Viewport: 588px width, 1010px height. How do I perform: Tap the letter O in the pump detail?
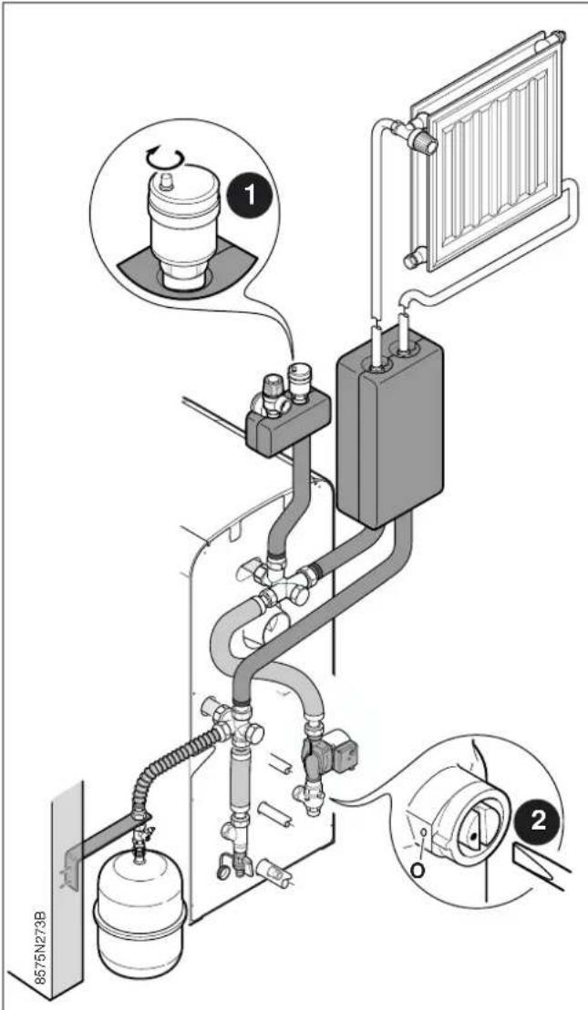click(x=418, y=871)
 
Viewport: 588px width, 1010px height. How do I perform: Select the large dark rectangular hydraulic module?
click(x=389, y=430)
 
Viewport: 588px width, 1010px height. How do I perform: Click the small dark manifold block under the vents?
click(x=287, y=424)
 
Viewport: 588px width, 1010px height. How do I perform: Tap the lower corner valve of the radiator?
click(x=413, y=259)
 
